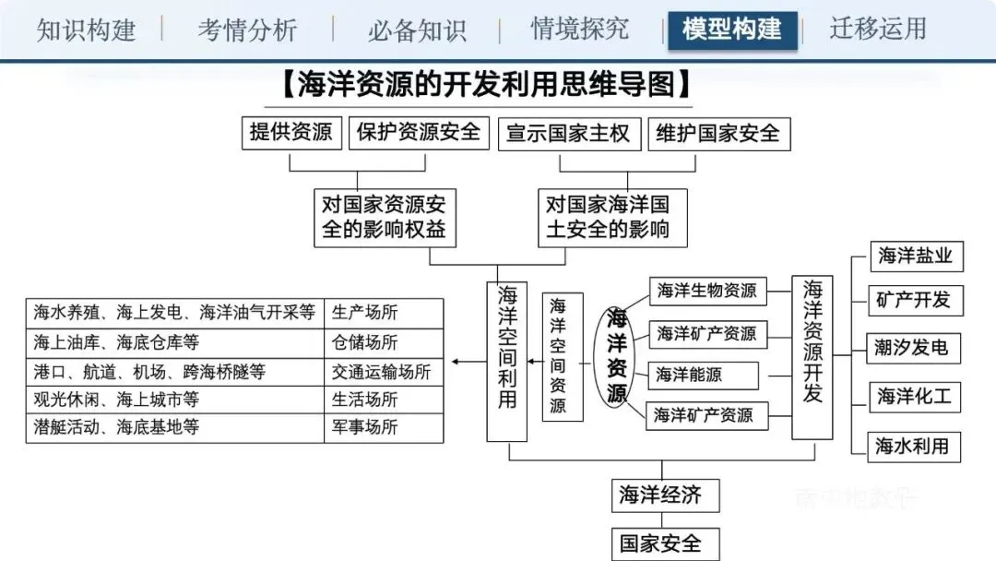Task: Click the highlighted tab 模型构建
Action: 732,30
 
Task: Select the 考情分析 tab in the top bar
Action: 247,30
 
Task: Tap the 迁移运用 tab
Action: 878,30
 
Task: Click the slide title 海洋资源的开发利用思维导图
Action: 485,87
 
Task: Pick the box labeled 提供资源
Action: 291,133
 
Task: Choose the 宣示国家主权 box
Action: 569,133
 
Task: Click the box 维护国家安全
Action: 718,133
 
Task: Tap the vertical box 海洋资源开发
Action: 812,355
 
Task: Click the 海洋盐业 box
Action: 915,257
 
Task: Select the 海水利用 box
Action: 912,447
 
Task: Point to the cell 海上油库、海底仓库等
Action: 174,342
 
